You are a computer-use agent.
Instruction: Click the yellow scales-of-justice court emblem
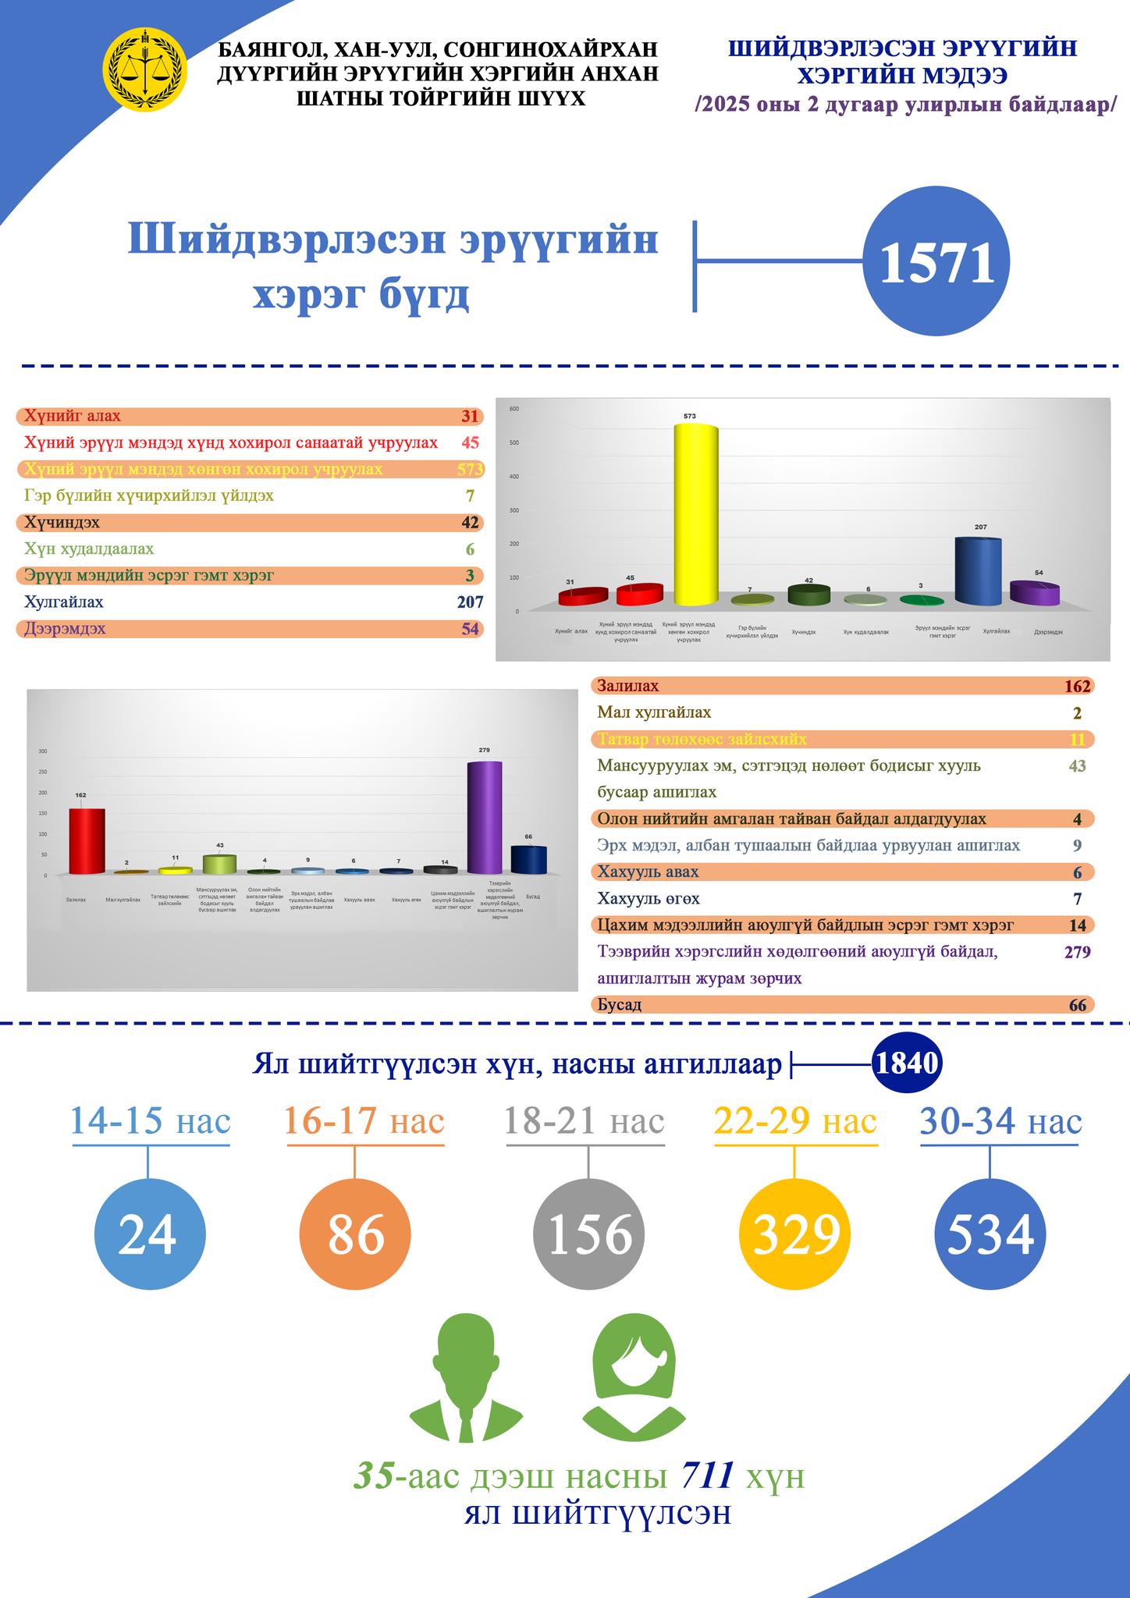click(145, 69)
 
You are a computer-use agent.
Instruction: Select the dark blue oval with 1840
click(907, 1064)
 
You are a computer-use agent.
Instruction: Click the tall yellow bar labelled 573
click(695, 515)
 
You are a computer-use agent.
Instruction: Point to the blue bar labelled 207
click(979, 572)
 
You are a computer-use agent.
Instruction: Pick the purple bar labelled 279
click(484, 818)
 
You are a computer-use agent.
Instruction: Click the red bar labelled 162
click(87, 841)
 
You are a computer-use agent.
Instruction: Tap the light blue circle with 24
click(149, 1236)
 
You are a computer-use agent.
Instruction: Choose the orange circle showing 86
click(355, 1236)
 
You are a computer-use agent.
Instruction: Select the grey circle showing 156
click(588, 1236)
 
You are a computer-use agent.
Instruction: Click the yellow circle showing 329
click(794, 1236)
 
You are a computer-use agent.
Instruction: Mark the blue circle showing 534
click(990, 1236)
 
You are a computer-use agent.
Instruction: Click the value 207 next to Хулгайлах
click(470, 602)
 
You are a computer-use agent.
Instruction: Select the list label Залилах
click(627, 687)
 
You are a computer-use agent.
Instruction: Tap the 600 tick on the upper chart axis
click(513, 409)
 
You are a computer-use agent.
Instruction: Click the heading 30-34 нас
click(1000, 1122)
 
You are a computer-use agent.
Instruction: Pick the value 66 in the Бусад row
click(1077, 1005)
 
